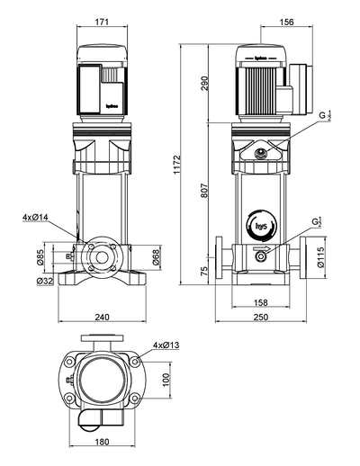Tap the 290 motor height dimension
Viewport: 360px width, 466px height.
[x=205, y=82]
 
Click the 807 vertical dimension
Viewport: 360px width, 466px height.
[x=205, y=191]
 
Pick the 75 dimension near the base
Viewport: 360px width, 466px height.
[x=205, y=270]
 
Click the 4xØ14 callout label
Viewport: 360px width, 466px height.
[x=35, y=217]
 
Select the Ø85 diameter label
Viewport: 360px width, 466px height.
[x=40, y=259]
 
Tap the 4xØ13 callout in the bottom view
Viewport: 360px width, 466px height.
[x=166, y=345]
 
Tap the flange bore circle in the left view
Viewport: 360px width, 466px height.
[x=100, y=257]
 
